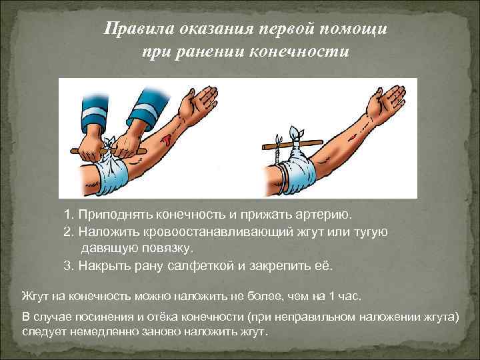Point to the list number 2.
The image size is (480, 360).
(x=68, y=232)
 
